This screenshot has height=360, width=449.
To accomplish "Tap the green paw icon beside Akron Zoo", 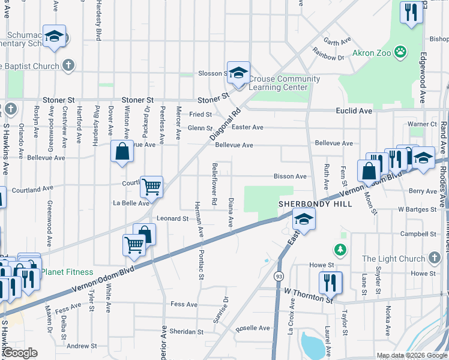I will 400,53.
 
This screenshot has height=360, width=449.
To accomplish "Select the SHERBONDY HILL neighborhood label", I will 305,204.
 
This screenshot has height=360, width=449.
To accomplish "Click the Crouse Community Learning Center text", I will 284,83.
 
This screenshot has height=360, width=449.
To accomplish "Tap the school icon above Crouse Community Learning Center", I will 238,73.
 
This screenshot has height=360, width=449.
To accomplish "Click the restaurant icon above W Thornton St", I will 330,282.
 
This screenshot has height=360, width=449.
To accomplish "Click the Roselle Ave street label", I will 253,328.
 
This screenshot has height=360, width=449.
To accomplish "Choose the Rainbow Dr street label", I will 332,58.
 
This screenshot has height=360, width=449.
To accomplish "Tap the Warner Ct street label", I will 422,124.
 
